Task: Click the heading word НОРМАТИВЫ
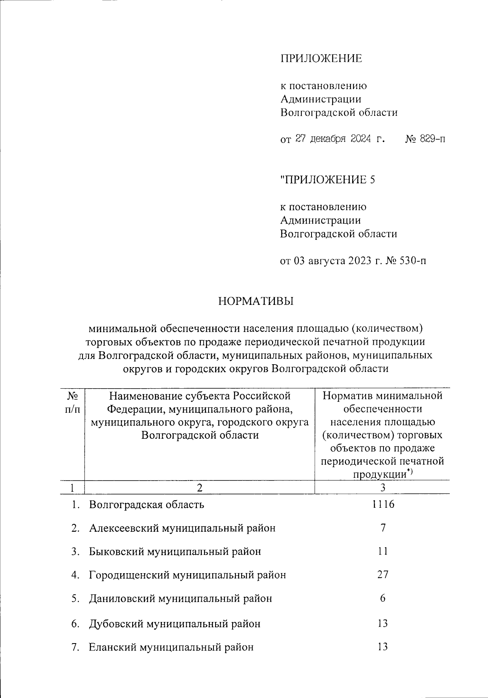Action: pos(256,302)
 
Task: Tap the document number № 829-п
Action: pos(425,139)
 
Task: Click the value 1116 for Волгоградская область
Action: pos(383,504)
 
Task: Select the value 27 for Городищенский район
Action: pos(383,574)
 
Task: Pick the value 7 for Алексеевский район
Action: pos(383,528)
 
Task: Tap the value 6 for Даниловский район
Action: pos(383,598)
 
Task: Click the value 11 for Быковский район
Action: pos(383,551)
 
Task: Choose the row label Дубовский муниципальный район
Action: pos(174,624)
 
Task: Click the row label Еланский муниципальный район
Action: pos(171,647)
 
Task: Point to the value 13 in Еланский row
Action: pos(383,646)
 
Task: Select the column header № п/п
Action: pos(72,402)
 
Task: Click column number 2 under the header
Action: pos(199,487)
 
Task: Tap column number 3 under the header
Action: pos(383,487)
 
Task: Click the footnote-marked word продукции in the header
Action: pos(380,474)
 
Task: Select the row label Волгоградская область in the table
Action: pos(146,505)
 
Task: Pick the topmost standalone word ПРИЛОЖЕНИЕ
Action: pos(321,59)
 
